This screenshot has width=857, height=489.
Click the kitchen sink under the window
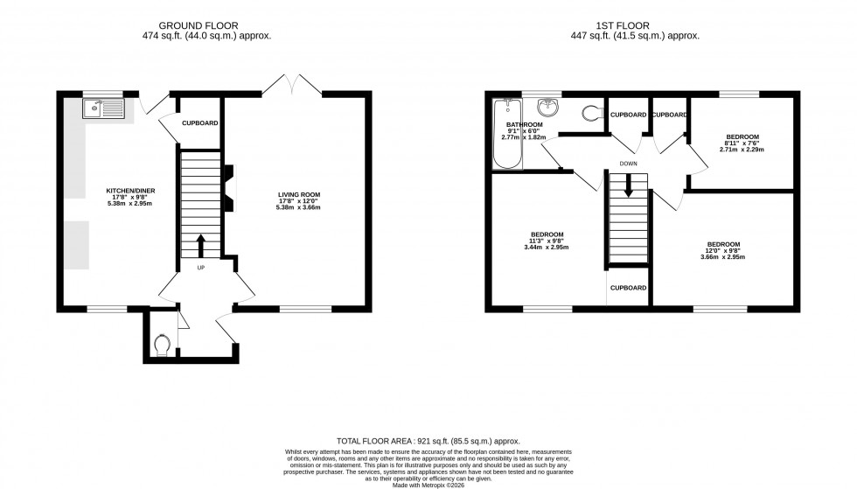(104, 108)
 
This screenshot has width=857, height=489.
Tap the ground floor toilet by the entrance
(160, 346)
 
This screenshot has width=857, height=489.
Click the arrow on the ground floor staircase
(200, 244)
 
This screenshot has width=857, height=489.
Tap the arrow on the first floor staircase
(627, 186)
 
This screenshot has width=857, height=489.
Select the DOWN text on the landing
(628, 164)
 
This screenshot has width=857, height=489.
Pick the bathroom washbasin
(549, 108)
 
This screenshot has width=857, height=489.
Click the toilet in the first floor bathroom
(591, 112)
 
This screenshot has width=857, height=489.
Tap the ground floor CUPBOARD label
(199, 123)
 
